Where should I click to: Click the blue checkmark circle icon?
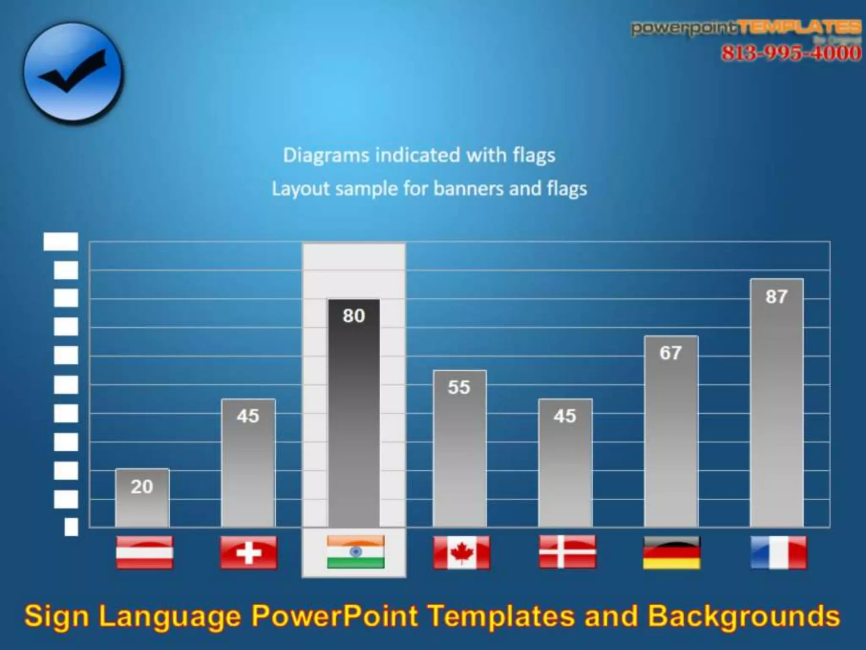pyautogui.click(x=73, y=73)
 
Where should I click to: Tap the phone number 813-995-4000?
pyautogui.click(x=791, y=53)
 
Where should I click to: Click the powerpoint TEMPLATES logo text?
pyautogui.click(x=746, y=28)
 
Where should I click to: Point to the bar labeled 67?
pyautogui.click(x=671, y=431)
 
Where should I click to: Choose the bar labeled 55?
pyautogui.click(x=459, y=448)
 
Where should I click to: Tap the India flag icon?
pyautogui.click(x=356, y=551)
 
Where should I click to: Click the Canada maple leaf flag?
pyautogui.click(x=461, y=552)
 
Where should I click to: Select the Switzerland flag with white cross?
pyautogui.click(x=249, y=552)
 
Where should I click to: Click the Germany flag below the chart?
pyautogui.click(x=671, y=552)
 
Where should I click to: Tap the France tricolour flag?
pyautogui.click(x=778, y=552)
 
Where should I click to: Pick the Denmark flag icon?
pyautogui.click(x=567, y=551)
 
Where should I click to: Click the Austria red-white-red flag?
pyautogui.click(x=144, y=552)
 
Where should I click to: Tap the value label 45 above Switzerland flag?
pyautogui.click(x=248, y=416)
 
